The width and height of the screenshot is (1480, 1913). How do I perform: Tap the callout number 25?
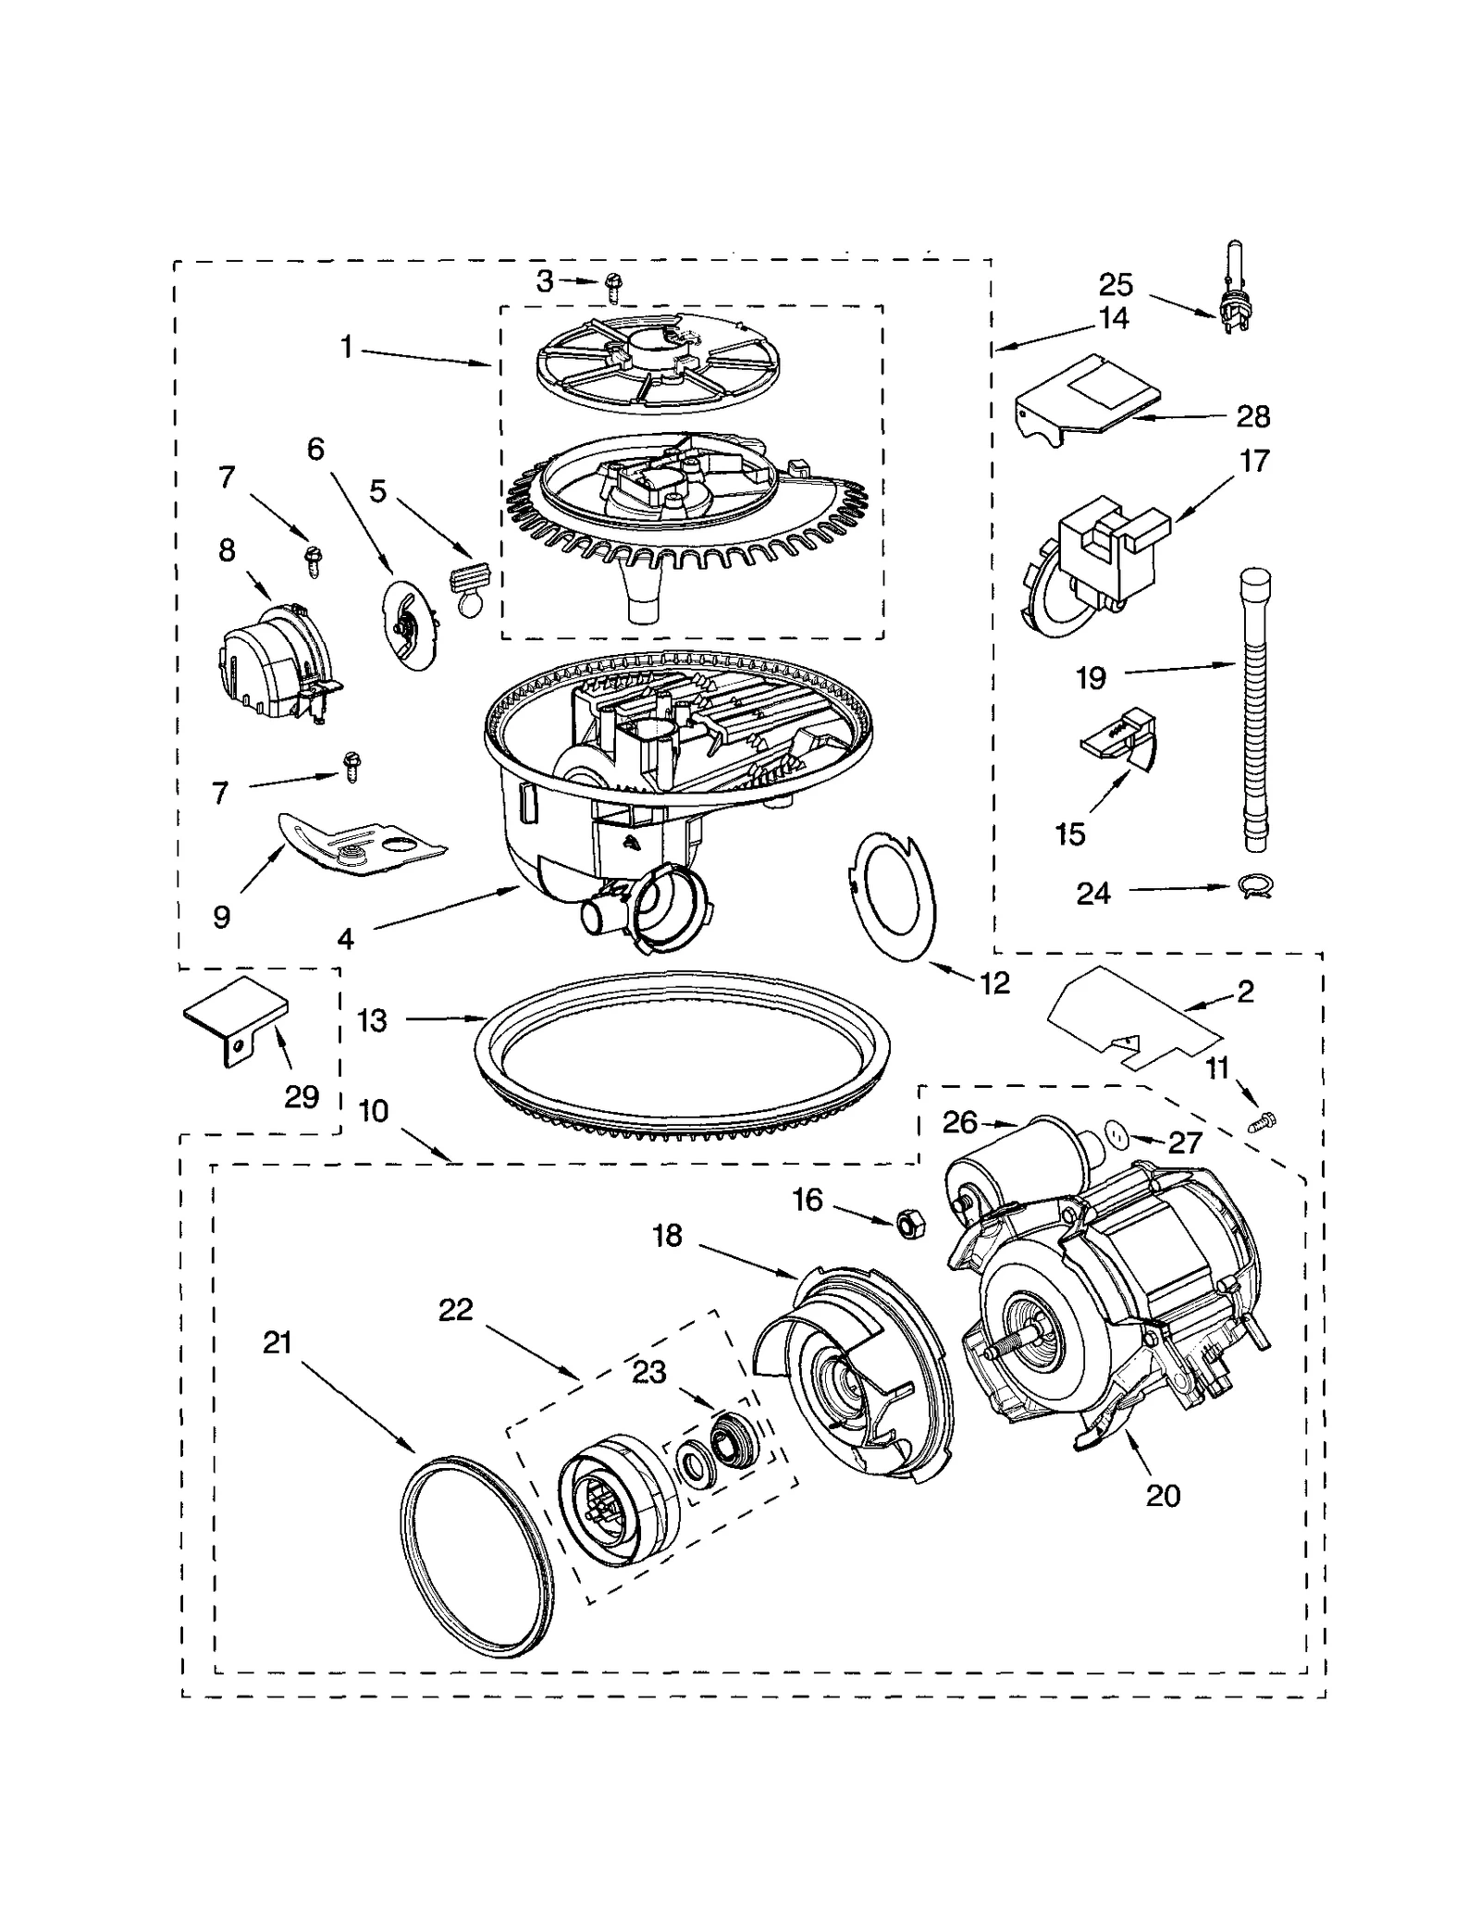(1115, 284)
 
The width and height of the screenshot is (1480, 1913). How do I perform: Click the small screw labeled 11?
(1262, 1122)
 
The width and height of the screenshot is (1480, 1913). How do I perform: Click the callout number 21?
(277, 1342)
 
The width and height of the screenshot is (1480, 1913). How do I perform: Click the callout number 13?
(372, 1021)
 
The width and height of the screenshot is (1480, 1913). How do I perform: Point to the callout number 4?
(345, 940)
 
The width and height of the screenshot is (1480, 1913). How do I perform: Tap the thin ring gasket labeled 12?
(894, 895)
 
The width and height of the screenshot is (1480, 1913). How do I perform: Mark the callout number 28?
(1252, 417)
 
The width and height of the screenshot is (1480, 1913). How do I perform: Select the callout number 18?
(667, 1236)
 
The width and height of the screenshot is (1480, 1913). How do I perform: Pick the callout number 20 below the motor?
(1163, 1495)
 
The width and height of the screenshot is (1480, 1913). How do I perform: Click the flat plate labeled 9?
(361, 844)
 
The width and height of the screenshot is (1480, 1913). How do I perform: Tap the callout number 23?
(648, 1372)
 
